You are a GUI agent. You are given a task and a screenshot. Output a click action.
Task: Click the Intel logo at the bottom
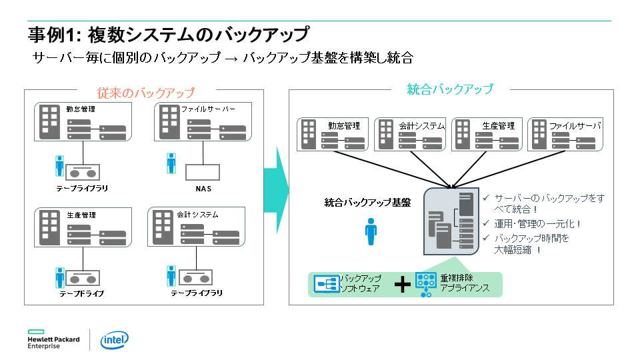114,341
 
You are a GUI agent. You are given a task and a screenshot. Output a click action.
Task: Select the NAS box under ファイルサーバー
203,171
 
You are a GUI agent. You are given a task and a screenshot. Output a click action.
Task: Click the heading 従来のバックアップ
145,93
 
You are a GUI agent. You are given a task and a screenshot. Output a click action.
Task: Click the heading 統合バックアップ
450,89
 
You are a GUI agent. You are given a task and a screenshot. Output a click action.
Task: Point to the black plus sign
401,285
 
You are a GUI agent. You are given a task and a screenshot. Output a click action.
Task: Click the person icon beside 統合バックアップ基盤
371,231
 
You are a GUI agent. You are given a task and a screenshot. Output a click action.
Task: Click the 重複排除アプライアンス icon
425,283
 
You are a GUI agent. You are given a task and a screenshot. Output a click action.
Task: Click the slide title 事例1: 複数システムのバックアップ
169,34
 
